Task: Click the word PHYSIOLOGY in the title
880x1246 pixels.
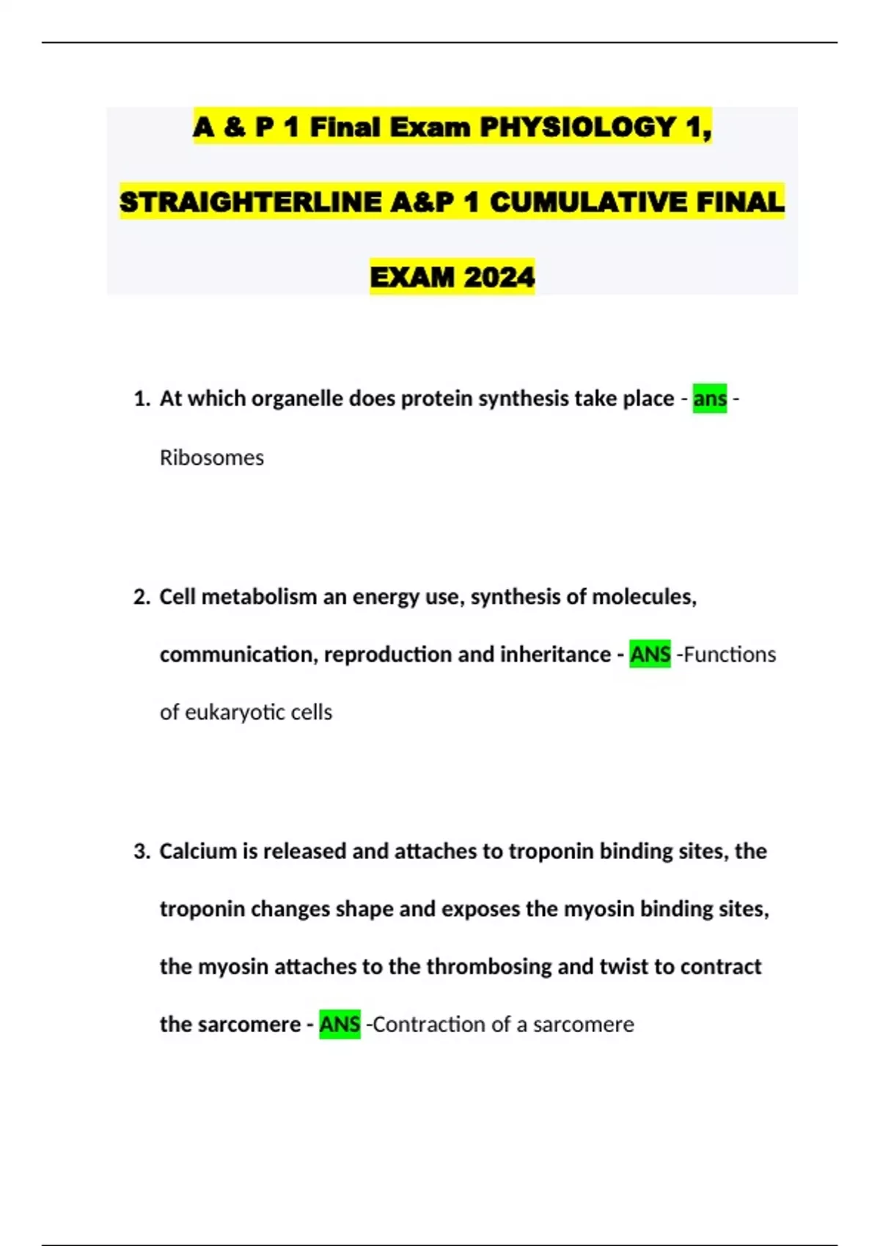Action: click(578, 128)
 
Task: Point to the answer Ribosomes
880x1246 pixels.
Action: click(211, 457)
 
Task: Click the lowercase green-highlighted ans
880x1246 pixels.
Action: click(709, 399)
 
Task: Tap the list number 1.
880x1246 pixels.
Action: click(141, 399)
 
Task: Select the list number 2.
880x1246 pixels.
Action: click(141, 597)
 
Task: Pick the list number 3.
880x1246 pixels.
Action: click(141, 852)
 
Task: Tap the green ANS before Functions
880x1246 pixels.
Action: click(650, 655)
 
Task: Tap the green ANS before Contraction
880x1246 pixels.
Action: click(340, 1025)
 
